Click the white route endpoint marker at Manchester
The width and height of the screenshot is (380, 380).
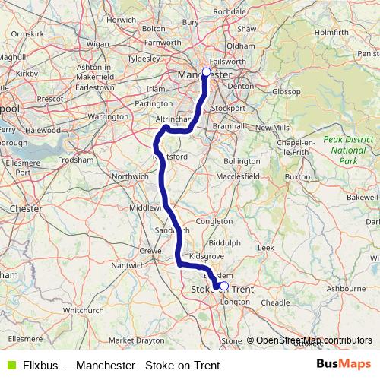[x=206, y=71]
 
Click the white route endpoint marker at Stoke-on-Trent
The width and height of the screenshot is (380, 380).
[x=223, y=287]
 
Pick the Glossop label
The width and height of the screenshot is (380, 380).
[x=287, y=91]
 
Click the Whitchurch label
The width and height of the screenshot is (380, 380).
[x=83, y=310]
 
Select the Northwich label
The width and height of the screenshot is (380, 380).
[x=131, y=176]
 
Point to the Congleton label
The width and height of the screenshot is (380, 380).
[x=214, y=221]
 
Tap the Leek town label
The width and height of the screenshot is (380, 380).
[x=266, y=248]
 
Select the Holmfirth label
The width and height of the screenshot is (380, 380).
[x=331, y=33]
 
